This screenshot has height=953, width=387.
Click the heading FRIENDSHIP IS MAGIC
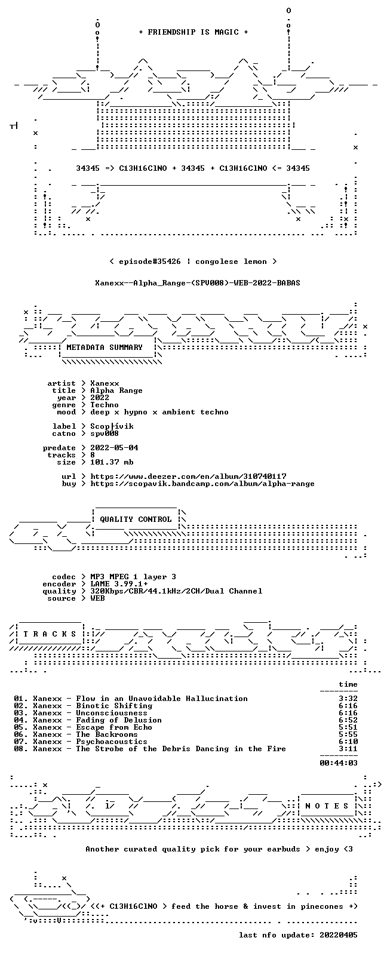pyautogui.click(x=193, y=32)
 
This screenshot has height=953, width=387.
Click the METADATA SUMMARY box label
pyautogui.click(x=105, y=347)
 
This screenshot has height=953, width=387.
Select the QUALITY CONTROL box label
pyautogui.click(x=136, y=519)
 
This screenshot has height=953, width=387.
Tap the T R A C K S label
pyautogui.click(x=50, y=634)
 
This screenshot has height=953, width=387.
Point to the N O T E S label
pyautogui.click(x=327, y=806)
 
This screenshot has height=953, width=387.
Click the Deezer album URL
pyautogui.click(x=188, y=476)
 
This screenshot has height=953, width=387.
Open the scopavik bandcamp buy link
pyautogui.click(x=202, y=483)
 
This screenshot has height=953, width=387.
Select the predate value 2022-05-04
pyautogui.click(x=114, y=448)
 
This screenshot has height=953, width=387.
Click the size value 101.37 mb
pyautogui.click(x=112, y=462)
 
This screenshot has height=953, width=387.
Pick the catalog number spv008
pyautogui.click(x=105, y=434)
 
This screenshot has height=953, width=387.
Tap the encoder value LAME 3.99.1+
pyautogui.click(x=119, y=584)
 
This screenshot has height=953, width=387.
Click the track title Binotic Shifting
pyautogui.click(x=114, y=706)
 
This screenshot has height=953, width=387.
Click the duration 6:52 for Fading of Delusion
pyautogui.click(x=348, y=720)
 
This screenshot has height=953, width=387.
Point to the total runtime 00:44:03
pyautogui.click(x=339, y=763)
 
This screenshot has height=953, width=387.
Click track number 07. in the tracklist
pyautogui.click(x=21, y=742)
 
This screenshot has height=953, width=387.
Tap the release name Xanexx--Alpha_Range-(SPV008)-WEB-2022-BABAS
pyautogui.click(x=198, y=282)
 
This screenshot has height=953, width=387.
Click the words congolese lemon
pyautogui.click(x=231, y=261)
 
